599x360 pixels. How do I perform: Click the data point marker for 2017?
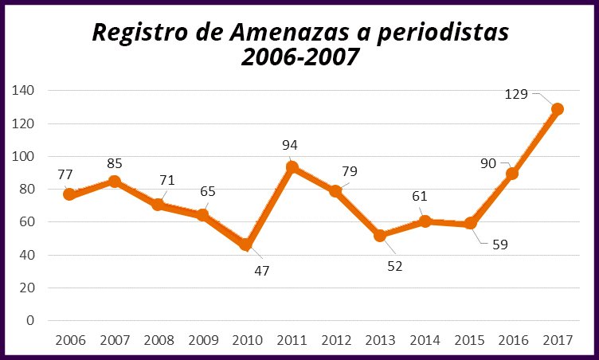(x=558, y=109)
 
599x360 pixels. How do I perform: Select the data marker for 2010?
(x=247, y=244)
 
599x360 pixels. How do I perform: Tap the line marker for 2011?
(x=292, y=167)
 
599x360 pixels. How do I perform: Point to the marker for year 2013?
(x=380, y=236)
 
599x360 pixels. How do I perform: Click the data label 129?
(x=518, y=94)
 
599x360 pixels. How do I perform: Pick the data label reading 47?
(x=262, y=270)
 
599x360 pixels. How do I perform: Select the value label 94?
(x=290, y=146)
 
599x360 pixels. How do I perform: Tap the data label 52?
(x=395, y=266)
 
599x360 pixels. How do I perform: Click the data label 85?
(x=115, y=164)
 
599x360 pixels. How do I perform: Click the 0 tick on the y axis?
(x=30, y=321)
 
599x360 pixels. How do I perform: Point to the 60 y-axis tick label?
(x=27, y=222)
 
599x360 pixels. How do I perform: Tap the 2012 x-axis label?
(x=335, y=340)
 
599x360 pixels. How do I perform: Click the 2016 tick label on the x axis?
(x=513, y=340)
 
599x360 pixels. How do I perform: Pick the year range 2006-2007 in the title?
(x=299, y=59)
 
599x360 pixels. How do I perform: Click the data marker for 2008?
(x=159, y=205)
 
